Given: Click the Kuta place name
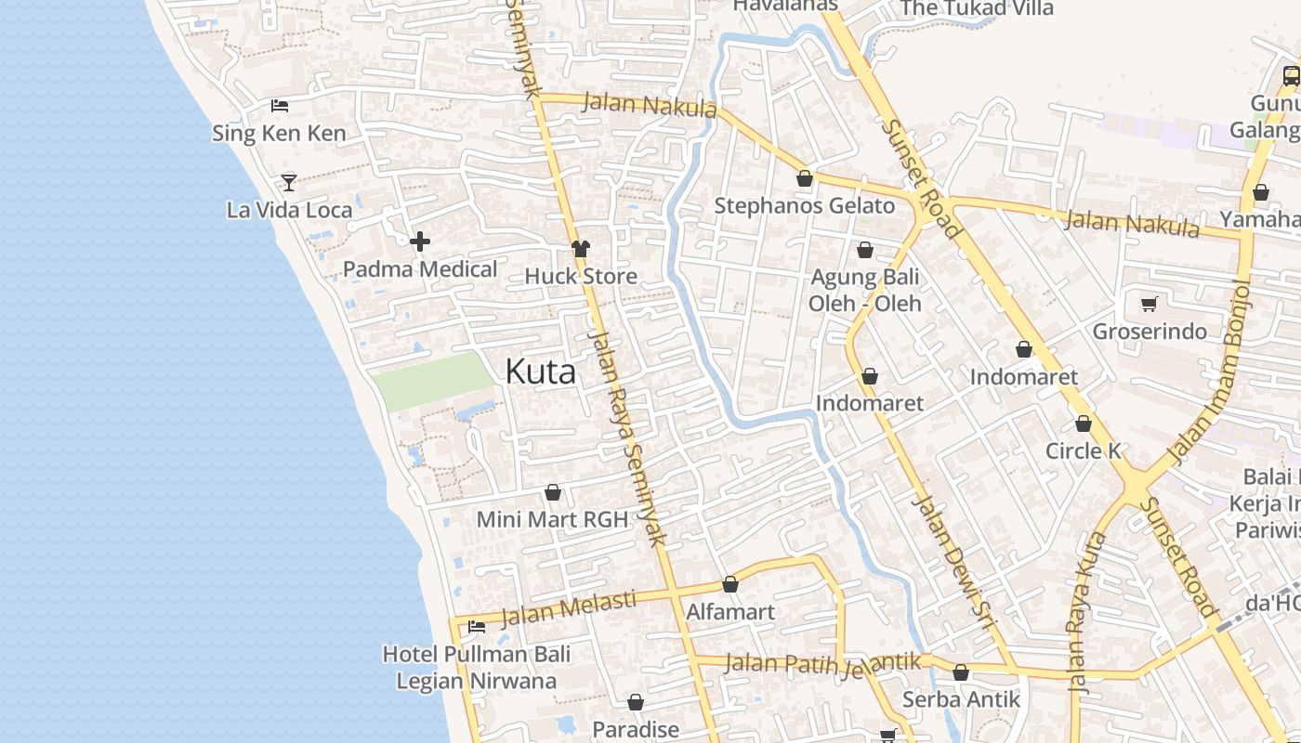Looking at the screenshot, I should [540, 372].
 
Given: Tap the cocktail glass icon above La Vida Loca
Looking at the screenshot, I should [289, 182].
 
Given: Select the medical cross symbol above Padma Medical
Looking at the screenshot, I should [420, 242].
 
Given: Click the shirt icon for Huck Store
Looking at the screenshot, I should [581, 249].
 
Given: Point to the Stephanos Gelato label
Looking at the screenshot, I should [804, 205].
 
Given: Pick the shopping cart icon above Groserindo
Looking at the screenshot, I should [1150, 304].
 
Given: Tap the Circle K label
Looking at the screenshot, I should [1084, 451].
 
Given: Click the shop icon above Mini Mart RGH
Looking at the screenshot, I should [553, 492].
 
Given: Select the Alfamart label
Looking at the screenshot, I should [729, 612].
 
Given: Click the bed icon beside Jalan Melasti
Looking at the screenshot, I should [477, 627].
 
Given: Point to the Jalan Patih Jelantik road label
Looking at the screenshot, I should [822, 663].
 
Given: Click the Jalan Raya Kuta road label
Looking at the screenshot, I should [1087, 613].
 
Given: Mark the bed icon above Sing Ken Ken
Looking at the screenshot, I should [280, 106].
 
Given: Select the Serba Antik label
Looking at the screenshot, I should [961, 699].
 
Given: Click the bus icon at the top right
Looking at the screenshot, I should [1291, 76].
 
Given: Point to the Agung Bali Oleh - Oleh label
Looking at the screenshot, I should [864, 290].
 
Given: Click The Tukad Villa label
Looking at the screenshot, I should [977, 8].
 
